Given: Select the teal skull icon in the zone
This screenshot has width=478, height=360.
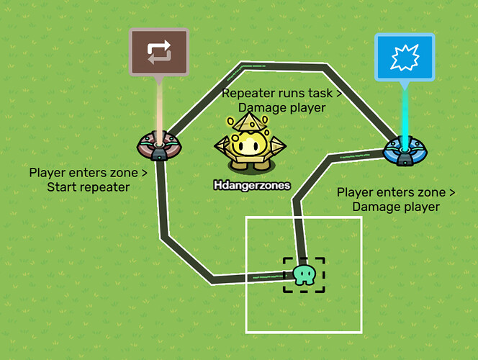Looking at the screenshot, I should [x=304, y=274].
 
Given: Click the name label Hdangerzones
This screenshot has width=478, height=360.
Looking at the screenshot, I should [x=251, y=185].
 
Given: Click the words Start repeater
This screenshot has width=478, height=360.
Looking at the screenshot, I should [x=89, y=187].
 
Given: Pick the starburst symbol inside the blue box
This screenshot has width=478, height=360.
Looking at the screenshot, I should [x=405, y=58].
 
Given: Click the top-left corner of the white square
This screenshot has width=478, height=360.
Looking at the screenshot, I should [x=247, y=217].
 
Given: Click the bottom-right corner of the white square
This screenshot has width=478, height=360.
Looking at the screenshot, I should [x=360, y=332].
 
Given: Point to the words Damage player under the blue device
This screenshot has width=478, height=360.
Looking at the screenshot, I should [x=396, y=207].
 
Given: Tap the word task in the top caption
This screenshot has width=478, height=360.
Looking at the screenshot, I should [x=321, y=94].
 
